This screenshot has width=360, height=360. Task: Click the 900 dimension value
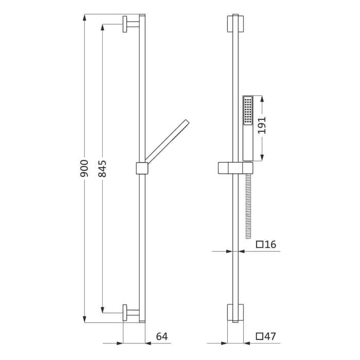click(84, 168)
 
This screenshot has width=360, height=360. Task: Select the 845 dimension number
click(102, 169)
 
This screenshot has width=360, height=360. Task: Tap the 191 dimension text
click(262, 125)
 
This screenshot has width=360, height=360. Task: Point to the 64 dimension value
click(162, 336)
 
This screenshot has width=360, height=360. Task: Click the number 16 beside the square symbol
click(271, 244)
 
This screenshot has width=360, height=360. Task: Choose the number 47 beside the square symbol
click(270, 336)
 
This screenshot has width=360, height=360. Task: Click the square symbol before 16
click(260, 244)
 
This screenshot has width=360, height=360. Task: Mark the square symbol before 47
click(260, 336)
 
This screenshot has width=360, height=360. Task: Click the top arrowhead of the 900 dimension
click(84, 18)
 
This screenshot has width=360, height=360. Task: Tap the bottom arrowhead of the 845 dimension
click(103, 309)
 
